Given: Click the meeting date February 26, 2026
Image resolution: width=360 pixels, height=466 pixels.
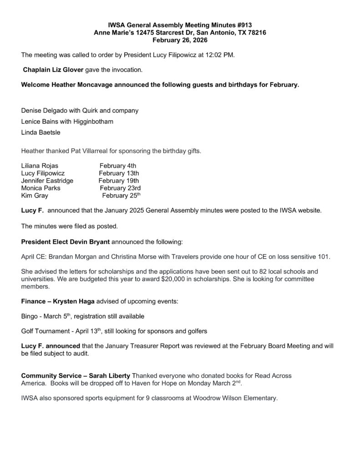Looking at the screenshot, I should pyautogui.click(x=180, y=41).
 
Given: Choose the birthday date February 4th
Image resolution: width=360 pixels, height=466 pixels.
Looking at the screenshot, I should pyautogui.click(x=117, y=166).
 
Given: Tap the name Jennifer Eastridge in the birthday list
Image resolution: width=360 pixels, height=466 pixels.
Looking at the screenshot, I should pyautogui.click(x=47, y=181).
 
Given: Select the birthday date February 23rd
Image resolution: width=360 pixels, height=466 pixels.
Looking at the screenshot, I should pyautogui.click(x=120, y=188).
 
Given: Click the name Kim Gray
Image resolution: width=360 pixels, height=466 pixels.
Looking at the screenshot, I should pyautogui.click(x=35, y=196).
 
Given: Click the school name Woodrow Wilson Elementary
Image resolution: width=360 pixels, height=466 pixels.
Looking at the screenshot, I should pyautogui.click(x=231, y=398).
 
